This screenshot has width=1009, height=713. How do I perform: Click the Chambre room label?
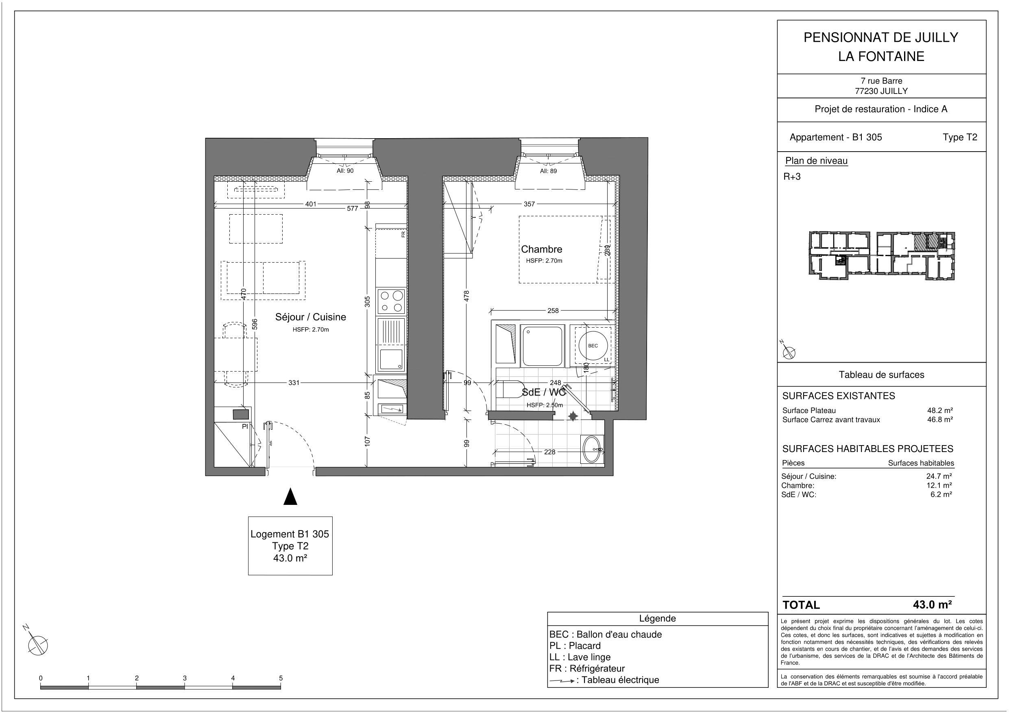(x=541, y=250)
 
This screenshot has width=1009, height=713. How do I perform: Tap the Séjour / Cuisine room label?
(x=310, y=317)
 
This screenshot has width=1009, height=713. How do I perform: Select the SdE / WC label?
(x=543, y=392)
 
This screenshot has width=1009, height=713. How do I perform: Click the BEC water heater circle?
(x=593, y=346)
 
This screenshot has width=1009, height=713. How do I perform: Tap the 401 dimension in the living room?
(x=311, y=204)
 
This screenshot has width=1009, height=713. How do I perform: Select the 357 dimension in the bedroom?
(x=529, y=204)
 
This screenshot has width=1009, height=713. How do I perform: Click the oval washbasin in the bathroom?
(x=592, y=450)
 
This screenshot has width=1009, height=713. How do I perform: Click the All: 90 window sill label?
(x=345, y=171)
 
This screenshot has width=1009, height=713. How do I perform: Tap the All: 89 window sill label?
(x=548, y=171)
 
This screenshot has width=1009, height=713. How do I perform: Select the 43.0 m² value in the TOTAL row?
(x=932, y=605)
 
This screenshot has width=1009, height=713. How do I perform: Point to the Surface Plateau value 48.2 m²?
(x=939, y=410)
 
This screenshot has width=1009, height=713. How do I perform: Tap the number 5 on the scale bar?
(x=281, y=678)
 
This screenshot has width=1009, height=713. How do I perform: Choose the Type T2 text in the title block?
(x=960, y=137)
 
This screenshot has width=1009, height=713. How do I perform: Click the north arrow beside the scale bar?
(x=37, y=645)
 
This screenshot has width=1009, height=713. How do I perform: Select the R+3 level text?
(x=792, y=176)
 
